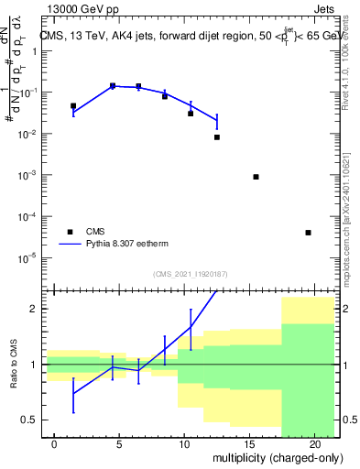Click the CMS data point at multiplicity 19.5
pyautogui.click(x=308, y=233)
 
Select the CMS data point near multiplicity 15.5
pyautogui.click(x=256, y=177)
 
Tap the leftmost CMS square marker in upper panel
pyautogui.click(x=73, y=106)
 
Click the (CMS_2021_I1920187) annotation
pyautogui.click(x=191, y=274)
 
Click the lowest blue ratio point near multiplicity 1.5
pyautogui.click(x=73, y=394)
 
